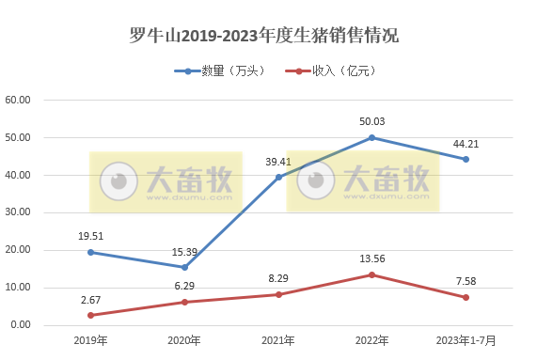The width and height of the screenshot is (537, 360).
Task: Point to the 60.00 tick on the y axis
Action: pos(19,101)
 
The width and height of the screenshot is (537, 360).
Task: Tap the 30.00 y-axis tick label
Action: pos(19,212)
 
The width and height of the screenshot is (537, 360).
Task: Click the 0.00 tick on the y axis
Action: pos(22,325)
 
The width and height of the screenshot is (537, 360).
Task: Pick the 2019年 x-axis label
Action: pos(90,339)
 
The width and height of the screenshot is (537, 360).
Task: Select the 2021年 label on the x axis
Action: pos(277,339)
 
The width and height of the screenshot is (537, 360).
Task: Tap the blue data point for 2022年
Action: pos(371,138)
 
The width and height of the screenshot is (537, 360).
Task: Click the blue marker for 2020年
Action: pos(184,268)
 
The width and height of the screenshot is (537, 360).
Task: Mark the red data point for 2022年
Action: pos(371,274)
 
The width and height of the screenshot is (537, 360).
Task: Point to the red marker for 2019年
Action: pos(90,315)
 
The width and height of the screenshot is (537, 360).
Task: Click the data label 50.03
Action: pos(371,121)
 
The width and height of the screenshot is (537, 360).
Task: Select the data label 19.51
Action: pos(90,236)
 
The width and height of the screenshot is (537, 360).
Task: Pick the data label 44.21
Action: pos(465,144)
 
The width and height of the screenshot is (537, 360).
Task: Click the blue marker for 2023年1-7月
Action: pos(465,160)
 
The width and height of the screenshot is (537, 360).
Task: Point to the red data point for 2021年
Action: pos(277,294)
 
